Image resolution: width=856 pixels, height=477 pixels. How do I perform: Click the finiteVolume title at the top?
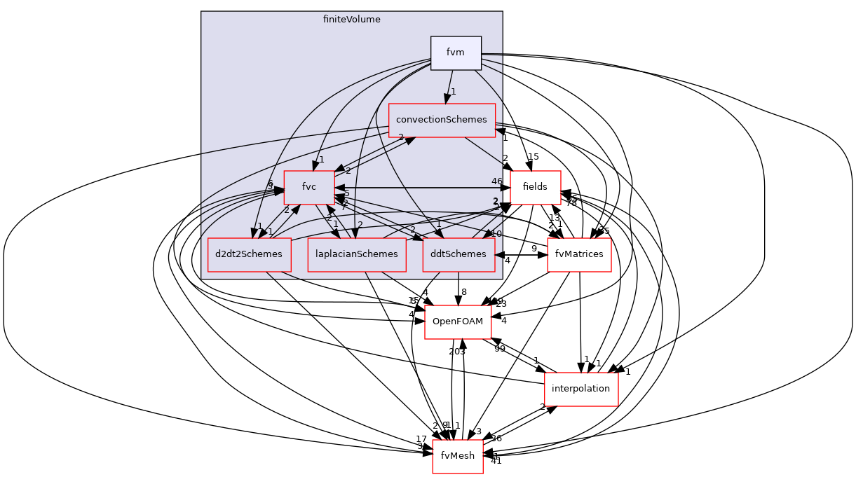click(351, 20)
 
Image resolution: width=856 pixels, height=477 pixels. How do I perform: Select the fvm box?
click(456, 53)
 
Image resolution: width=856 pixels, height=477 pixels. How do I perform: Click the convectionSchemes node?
click(442, 120)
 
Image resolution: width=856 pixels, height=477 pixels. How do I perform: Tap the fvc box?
click(309, 187)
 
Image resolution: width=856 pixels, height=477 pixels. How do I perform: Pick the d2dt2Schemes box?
click(249, 254)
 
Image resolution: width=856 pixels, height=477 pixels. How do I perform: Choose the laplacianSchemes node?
click(357, 254)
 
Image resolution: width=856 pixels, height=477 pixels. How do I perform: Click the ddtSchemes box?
click(458, 254)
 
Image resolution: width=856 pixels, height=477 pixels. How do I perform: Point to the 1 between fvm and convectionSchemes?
click(454, 92)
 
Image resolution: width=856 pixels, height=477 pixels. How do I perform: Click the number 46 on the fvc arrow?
click(496, 181)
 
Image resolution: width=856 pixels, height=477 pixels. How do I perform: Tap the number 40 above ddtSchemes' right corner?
click(496, 233)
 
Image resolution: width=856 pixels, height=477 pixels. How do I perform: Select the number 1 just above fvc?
click(322, 160)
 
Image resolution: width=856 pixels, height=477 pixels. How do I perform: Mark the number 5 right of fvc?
click(347, 193)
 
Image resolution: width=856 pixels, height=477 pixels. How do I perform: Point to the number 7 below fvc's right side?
click(344, 207)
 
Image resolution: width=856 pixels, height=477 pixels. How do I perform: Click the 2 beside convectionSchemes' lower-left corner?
click(401, 137)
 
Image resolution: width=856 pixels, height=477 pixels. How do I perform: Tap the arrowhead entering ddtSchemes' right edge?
click(500, 255)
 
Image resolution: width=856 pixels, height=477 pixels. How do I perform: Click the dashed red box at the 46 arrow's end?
click(536, 187)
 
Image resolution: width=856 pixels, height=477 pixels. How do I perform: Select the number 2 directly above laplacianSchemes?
click(360, 225)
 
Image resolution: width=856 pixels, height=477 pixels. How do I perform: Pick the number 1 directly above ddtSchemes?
click(439, 225)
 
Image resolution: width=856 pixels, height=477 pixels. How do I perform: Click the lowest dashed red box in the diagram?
click(457, 457)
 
